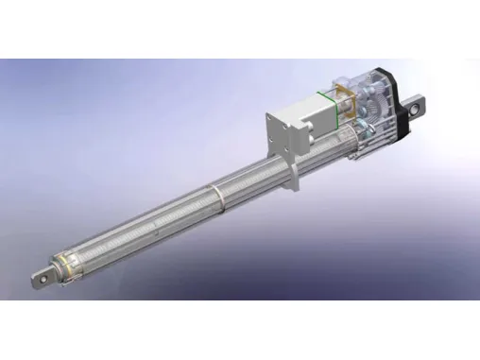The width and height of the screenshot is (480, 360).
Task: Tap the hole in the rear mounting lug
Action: coord(414,109)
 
